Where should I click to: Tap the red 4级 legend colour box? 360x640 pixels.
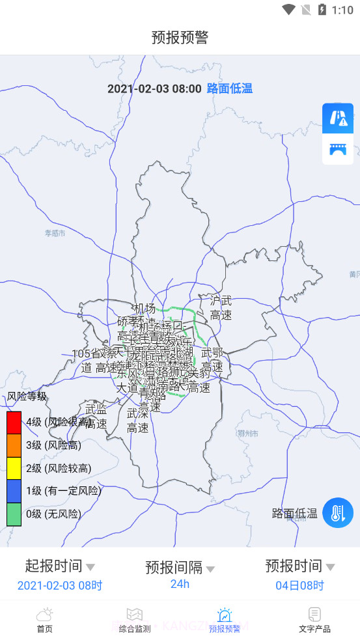point(14,423)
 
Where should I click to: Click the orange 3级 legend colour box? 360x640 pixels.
point(14,445)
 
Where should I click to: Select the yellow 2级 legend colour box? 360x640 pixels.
point(14,468)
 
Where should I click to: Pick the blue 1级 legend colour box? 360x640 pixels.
point(14,491)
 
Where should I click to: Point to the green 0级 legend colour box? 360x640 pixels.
point(14,514)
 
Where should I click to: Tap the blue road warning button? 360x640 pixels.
point(338,118)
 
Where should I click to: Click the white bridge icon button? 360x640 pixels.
point(338,149)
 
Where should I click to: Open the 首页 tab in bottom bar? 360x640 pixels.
point(44,620)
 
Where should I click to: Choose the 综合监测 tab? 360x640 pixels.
point(134,620)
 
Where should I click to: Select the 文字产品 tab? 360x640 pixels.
point(314,620)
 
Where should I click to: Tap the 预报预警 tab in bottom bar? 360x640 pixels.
point(225,620)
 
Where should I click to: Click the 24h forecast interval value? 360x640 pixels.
point(180,583)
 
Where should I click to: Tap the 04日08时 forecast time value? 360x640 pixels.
point(299,585)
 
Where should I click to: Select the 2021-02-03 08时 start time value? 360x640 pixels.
point(60,585)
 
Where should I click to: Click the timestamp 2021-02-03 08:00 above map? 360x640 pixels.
point(154,89)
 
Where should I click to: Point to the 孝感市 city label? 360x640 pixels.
point(55,233)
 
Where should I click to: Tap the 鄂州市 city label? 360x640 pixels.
point(247,434)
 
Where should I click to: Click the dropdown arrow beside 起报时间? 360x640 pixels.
point(90,567)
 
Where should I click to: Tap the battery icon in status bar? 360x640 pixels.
point(322,10)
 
